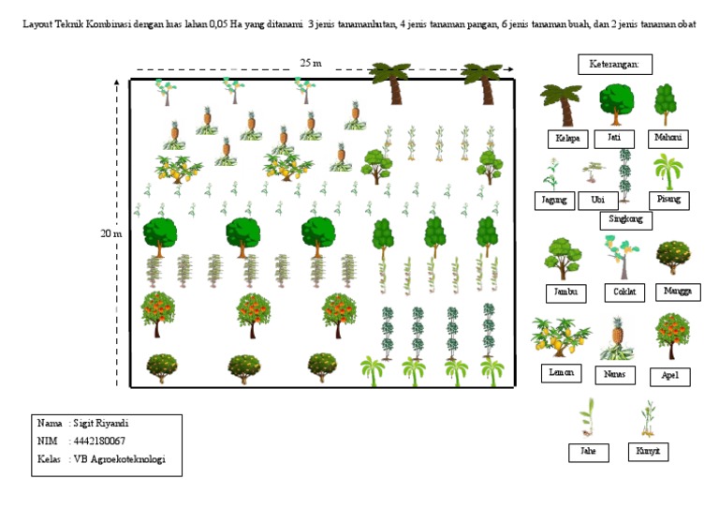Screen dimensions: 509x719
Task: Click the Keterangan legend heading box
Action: (614, 65)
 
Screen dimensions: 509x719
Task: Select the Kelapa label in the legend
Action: (567, 139)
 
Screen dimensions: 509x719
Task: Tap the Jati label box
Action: (615, 138)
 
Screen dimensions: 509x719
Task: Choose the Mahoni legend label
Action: (668, 138)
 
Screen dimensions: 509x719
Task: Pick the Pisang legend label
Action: (668, 200)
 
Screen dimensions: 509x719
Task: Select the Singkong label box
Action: (625, 220)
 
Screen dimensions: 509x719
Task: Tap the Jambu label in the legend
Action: (565, 292)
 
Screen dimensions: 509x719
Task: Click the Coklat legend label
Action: (624, 292)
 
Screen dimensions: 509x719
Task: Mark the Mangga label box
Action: (677, 292)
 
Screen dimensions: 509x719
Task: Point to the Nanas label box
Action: (615, 374)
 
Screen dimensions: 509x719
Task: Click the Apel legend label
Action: (669, 376)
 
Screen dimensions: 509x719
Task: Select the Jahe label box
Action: (588, 452)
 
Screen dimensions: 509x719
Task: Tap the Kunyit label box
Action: (648, 452)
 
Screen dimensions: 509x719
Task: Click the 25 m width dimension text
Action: (311, 63)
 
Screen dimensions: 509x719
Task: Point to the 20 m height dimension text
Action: (110, 234)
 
